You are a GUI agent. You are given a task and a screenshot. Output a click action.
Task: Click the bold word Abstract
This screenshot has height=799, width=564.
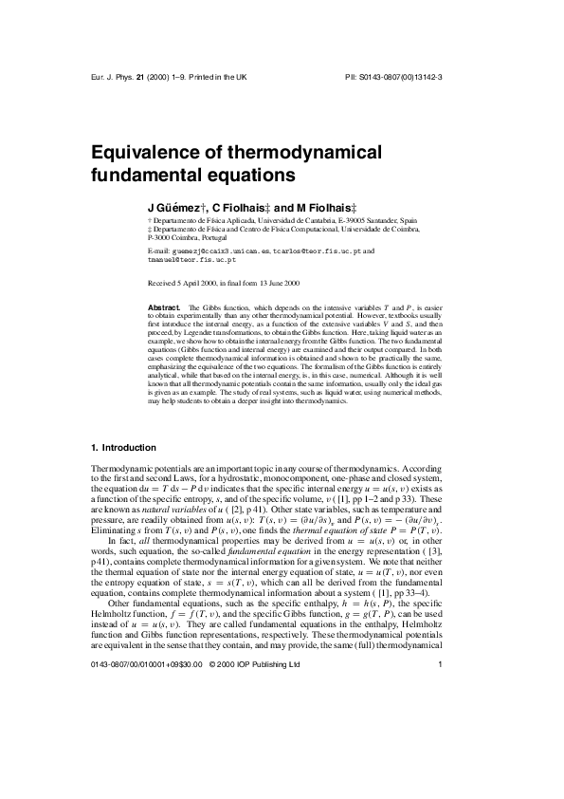coord(165,307)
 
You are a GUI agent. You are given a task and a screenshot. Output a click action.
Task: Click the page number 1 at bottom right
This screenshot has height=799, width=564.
coord(441,743)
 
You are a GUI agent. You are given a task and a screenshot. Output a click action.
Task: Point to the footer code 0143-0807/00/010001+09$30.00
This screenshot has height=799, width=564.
coord(143,743)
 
